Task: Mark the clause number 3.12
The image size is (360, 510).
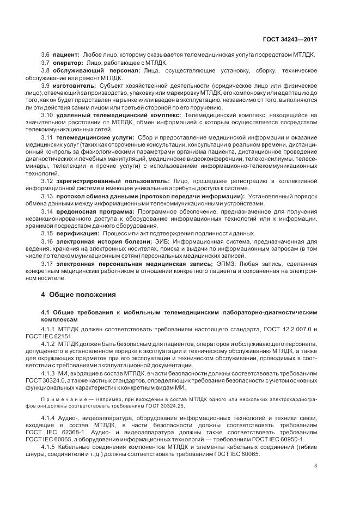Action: point(47,180)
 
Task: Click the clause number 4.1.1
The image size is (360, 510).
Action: point(50,331)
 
